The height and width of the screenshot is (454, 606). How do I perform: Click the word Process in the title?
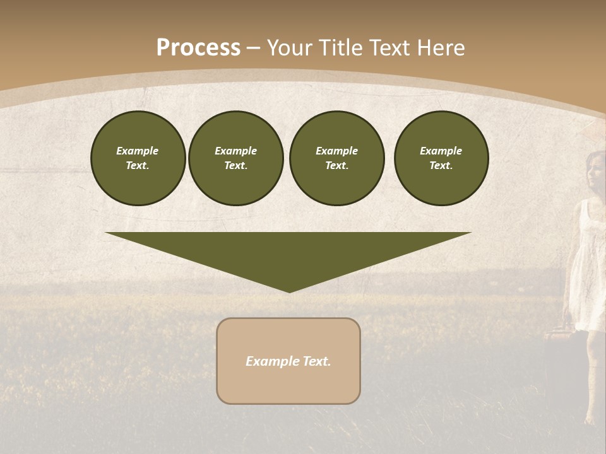coord(198,48)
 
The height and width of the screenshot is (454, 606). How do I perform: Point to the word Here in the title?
coord(442,48)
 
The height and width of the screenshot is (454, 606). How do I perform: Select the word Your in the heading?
coord(289,48)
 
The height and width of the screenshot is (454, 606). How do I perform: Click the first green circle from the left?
coord(138,158)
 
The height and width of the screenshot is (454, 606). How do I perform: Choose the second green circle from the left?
coord(235,158)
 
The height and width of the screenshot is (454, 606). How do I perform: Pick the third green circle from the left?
coord(336,158)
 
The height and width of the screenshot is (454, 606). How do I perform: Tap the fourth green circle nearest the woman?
coord(441,158)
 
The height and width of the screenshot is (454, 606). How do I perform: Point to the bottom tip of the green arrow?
coord(289,291)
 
